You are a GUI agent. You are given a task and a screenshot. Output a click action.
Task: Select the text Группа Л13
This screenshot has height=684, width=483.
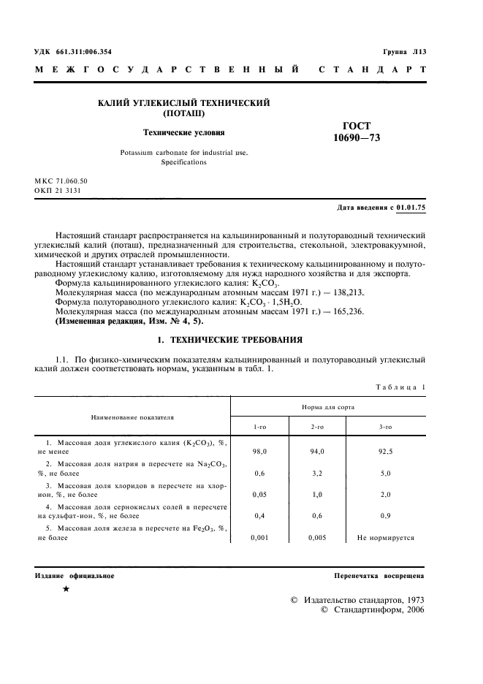(x=404, y=52)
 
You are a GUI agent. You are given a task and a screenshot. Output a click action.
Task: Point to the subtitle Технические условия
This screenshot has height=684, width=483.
(x=183, y=133)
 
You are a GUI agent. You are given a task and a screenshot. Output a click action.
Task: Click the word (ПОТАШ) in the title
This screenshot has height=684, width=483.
(x=184, y=115)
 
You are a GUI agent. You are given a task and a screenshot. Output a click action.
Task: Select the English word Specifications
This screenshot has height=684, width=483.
(x=183, y=162)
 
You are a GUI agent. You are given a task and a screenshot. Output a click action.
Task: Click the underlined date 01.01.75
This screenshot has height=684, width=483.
(x=411, y=208)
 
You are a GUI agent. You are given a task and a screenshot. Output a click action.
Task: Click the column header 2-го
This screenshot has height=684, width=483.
(x=317, y=426)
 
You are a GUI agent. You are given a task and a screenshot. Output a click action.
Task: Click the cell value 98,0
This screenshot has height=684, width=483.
(x=259, y=452)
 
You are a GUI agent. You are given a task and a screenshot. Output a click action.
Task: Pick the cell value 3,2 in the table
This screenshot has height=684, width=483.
(x=317, y=474)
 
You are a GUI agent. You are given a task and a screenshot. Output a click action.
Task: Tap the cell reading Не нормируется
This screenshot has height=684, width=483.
(x=385, y=537)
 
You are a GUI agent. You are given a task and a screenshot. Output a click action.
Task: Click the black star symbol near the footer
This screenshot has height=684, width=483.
(x=66, y=588)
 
